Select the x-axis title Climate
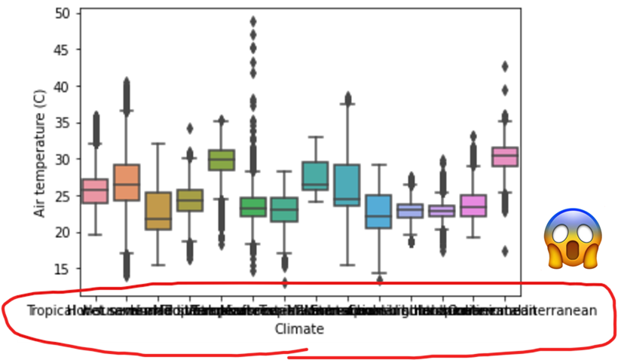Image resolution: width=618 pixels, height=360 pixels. coord(299,329)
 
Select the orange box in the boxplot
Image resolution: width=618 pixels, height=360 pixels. coord(127,182)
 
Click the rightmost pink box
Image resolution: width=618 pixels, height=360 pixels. coord(504,157)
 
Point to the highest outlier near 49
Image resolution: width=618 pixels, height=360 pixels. coord(252,21)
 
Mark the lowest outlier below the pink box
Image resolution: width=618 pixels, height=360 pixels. coord(504,251)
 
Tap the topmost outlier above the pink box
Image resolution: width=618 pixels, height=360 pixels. coord(504,66)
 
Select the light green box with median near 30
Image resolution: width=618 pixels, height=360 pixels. coord(221,160)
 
